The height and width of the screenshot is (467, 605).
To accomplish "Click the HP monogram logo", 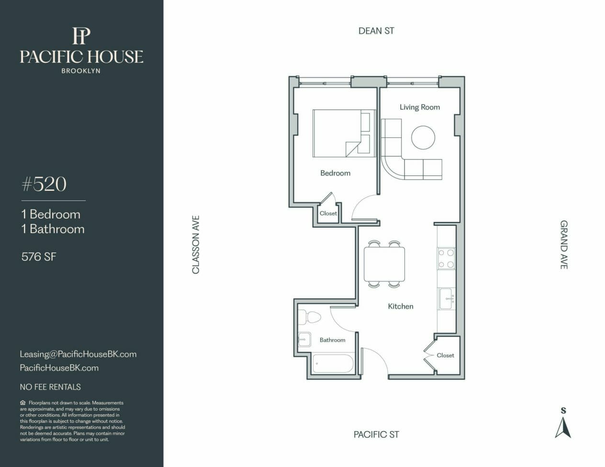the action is point(81,36).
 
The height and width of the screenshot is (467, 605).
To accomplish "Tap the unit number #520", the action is point(44,184).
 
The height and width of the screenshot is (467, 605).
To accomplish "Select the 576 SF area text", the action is point(39,256).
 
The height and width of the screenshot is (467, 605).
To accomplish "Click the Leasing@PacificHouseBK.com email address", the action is point(78,354).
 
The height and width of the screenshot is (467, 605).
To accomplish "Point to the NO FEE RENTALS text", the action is point(50,387).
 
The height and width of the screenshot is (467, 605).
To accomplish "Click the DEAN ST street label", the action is point(376,31).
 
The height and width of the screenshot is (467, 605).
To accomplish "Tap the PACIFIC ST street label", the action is point(376,434).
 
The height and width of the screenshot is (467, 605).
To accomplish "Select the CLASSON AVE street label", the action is point(196,245).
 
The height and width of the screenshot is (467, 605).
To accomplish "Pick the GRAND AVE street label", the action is point(564,245).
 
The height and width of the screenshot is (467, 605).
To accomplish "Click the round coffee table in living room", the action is point(423,137).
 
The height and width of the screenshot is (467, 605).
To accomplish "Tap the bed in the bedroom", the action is point(344,133).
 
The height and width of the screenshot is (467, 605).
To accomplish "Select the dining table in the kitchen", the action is point(384,264).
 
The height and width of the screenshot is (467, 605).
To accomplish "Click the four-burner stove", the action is point(446,258).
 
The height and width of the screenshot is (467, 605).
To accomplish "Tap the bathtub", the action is point(333,364).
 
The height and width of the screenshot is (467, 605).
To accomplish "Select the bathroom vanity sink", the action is point(304,339).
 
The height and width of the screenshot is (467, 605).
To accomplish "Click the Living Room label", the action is point(420,107).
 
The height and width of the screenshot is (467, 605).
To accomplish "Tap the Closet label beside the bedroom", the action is point(328,213).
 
